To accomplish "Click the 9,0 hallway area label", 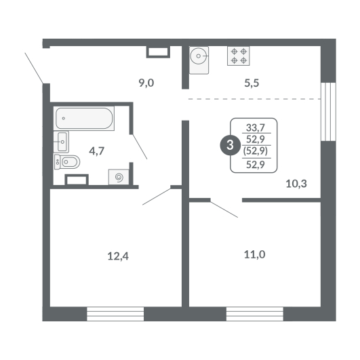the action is (146, 83).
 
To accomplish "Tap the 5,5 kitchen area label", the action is (252, 83).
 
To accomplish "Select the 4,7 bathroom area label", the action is (97, 151).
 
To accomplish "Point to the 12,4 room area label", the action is (118, 256).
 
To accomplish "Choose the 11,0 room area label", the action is (254, 254).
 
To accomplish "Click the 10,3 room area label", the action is (296, 184).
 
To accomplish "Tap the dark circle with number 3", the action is (230, 145).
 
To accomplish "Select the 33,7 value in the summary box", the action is (256, 127).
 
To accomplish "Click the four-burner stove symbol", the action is (239, 56).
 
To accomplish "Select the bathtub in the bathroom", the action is (84, 118).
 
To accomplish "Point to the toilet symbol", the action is (67, 162).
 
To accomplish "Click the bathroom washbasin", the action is (61, 142).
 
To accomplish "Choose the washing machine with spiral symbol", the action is (119, 177).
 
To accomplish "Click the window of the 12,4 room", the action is (115, 314).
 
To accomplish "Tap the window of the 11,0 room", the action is (255, 314).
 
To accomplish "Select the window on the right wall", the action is (328, 112).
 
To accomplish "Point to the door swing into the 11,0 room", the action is (224, 209).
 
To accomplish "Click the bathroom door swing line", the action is (140, 146).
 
